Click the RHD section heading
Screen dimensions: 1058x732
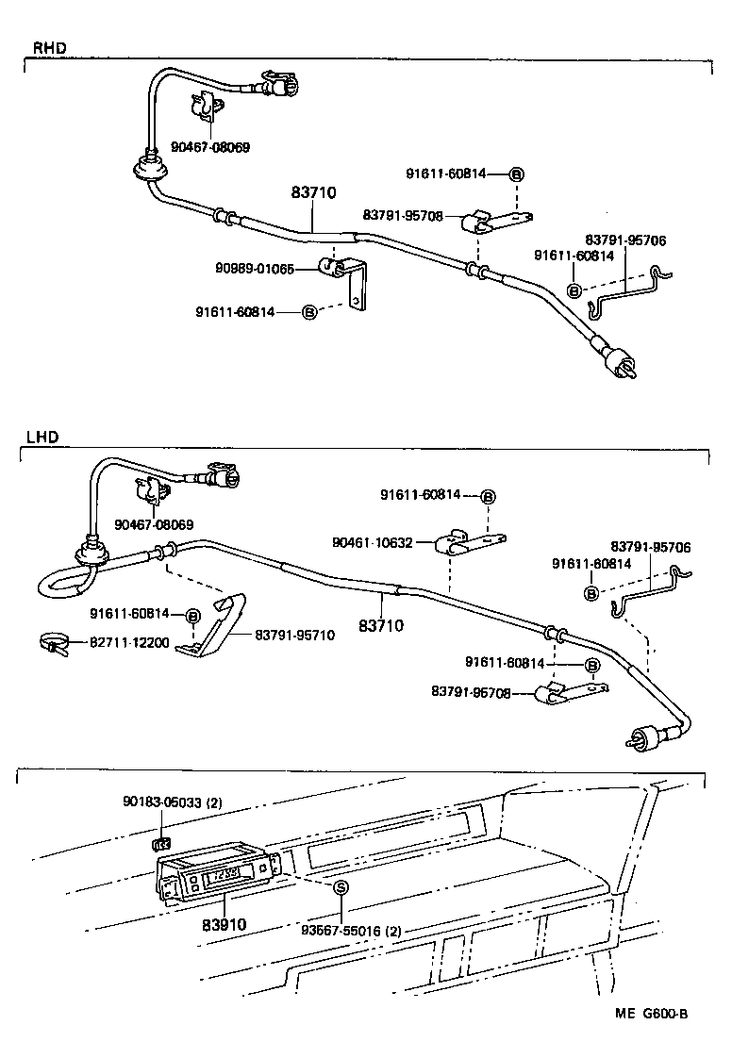click(48, 46)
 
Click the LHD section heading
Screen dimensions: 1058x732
click(42, 437)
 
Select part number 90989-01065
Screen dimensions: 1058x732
click(256, 270)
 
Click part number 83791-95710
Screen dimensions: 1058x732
click(294, 635)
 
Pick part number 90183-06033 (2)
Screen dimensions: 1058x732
click(172, 802)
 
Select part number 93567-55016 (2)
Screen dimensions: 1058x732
click(352, 931)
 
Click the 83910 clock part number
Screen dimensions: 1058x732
click(224, 924)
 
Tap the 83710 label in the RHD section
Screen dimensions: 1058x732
click(314, 192)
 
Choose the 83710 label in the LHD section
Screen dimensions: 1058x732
click(381, 625)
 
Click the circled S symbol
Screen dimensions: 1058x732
click(341, 887)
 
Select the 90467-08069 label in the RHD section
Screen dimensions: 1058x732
click(210, 147)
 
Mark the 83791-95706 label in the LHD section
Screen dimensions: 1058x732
click(650, 547)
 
